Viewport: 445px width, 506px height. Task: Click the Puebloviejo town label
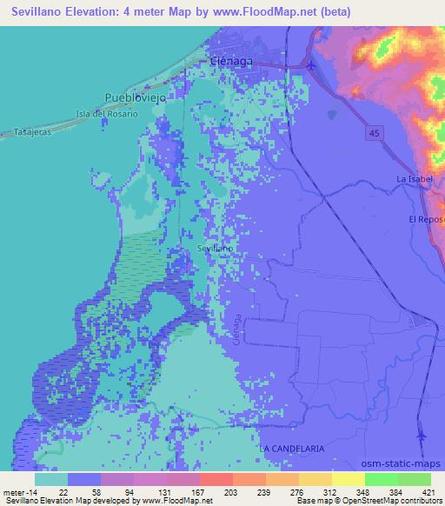pos(135,98)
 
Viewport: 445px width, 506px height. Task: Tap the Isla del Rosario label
pos(107,115)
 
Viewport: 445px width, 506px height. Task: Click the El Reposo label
pos(426,219)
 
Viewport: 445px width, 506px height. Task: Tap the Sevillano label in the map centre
pos(215,248)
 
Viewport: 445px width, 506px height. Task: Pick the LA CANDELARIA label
pos(291,448)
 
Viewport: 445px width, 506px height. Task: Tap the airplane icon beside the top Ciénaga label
pos(310,63)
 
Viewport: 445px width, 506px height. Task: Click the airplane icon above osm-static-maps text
pos(422,436)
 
